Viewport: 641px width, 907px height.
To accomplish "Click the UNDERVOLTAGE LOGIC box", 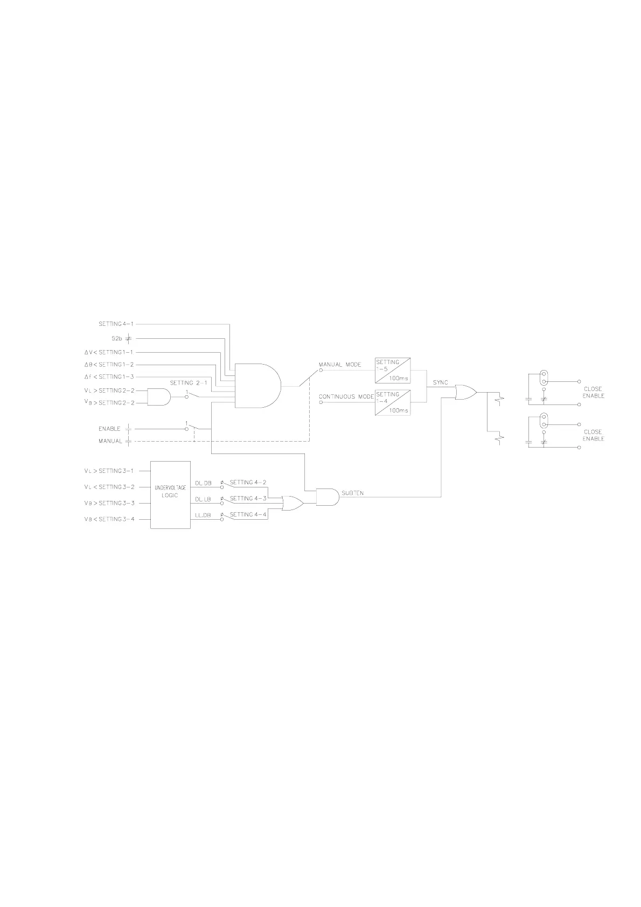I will point(170,494).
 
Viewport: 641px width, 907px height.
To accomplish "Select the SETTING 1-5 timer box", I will point(392,369).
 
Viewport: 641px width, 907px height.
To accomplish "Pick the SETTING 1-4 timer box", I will point(392,402).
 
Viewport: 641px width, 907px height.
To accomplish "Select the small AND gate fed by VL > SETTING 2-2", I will point(158,397).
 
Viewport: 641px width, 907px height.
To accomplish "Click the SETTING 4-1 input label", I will point(116,324).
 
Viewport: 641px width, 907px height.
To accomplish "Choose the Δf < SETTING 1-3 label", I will point(109,377).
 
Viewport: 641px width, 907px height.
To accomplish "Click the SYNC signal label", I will point(440,382).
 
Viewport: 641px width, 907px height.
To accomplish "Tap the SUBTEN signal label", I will point(353,493).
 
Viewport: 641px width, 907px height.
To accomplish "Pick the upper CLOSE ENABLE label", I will point(593,392).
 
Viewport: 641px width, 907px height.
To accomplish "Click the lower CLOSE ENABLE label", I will point(593,435).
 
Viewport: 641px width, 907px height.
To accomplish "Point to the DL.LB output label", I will point(203,499).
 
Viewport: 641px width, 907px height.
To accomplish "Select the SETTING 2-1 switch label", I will point(189,383).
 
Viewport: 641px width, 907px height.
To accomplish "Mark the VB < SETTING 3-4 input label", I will point(109,519).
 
